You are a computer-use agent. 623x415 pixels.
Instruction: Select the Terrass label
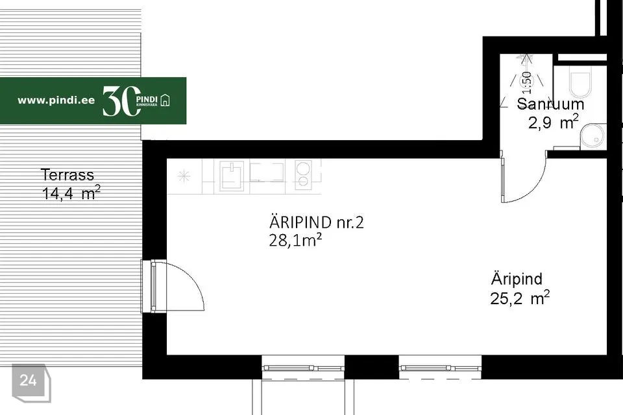coord(67,174)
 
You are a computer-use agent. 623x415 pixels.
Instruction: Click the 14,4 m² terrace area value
coord(71,193)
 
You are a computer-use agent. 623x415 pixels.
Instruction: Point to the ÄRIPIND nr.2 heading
coord(317,223)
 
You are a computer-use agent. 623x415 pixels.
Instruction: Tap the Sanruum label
coord(550,104)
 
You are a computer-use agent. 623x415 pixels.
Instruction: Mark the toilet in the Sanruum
coord(579,82)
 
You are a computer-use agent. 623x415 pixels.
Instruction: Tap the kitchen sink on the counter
coord(231,176)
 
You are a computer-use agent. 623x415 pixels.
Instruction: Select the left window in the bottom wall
coord(303,368)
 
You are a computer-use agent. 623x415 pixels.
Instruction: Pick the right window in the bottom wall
coord(440,368)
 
